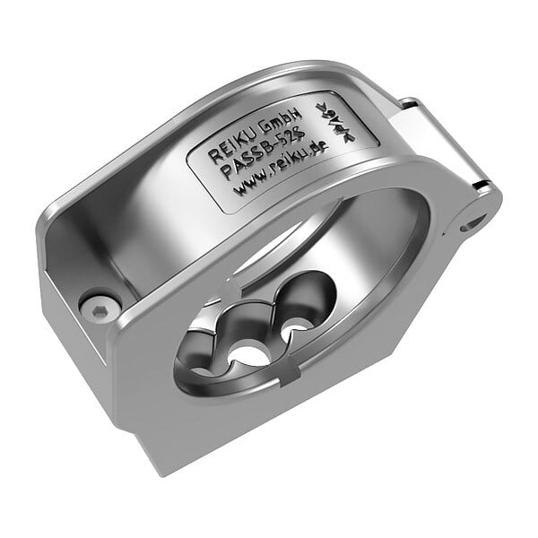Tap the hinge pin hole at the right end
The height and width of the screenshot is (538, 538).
476,220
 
